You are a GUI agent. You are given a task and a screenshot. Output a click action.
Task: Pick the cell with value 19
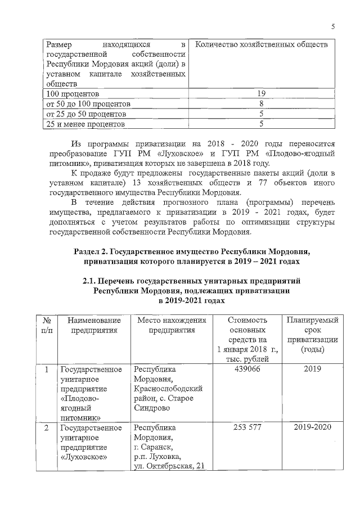(x=261, y=93)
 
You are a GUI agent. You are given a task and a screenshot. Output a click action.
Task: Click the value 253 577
(x=247, y=427)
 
